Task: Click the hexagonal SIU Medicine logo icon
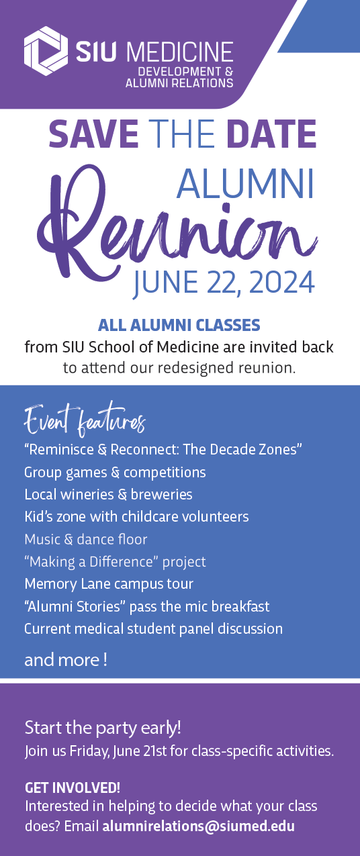coord(46,51)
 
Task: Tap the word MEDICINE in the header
coord(180,52)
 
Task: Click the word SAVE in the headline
coord(93,134)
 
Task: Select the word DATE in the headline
coord(271,134)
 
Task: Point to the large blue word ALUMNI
coord(245,184)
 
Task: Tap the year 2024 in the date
coord(282,283)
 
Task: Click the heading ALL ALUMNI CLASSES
coord(179,325)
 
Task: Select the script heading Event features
coord(85,420)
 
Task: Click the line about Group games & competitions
coord(115,473)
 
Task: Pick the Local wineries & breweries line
coord(109,495)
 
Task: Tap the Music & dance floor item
coord(85,539)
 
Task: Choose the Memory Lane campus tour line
coord(109,584)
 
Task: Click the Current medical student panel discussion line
coord(154,628)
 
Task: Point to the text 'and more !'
coord(66,659)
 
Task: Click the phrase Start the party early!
coord(103,728)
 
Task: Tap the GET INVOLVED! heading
coord(73,788)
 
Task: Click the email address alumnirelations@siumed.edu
coord(199,826)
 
